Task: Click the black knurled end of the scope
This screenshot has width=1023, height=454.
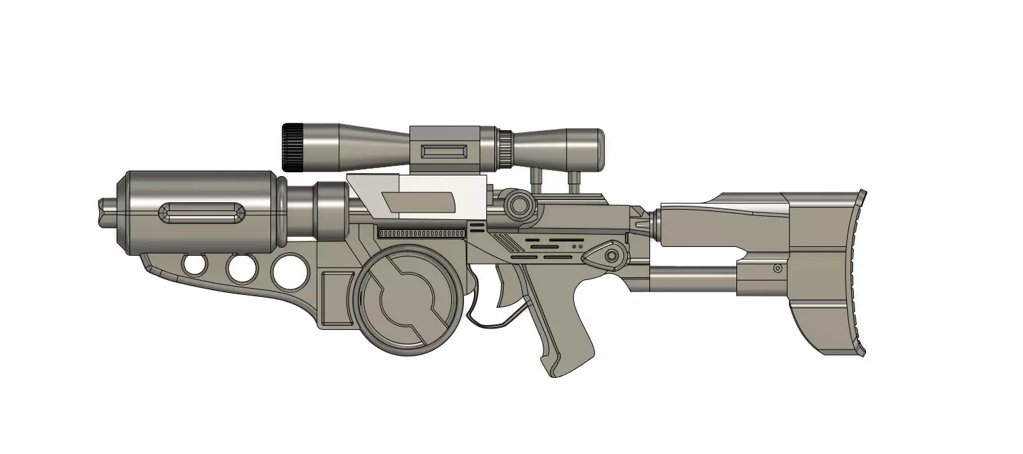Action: point(291,146)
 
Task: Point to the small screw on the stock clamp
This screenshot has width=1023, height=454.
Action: point(777,268)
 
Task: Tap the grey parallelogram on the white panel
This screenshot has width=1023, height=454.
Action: point(418,201)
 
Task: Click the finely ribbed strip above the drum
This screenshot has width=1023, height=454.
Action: point(421,233)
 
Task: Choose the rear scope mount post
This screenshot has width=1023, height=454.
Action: point(575,181)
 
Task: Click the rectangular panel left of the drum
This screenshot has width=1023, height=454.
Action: point(337,297)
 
